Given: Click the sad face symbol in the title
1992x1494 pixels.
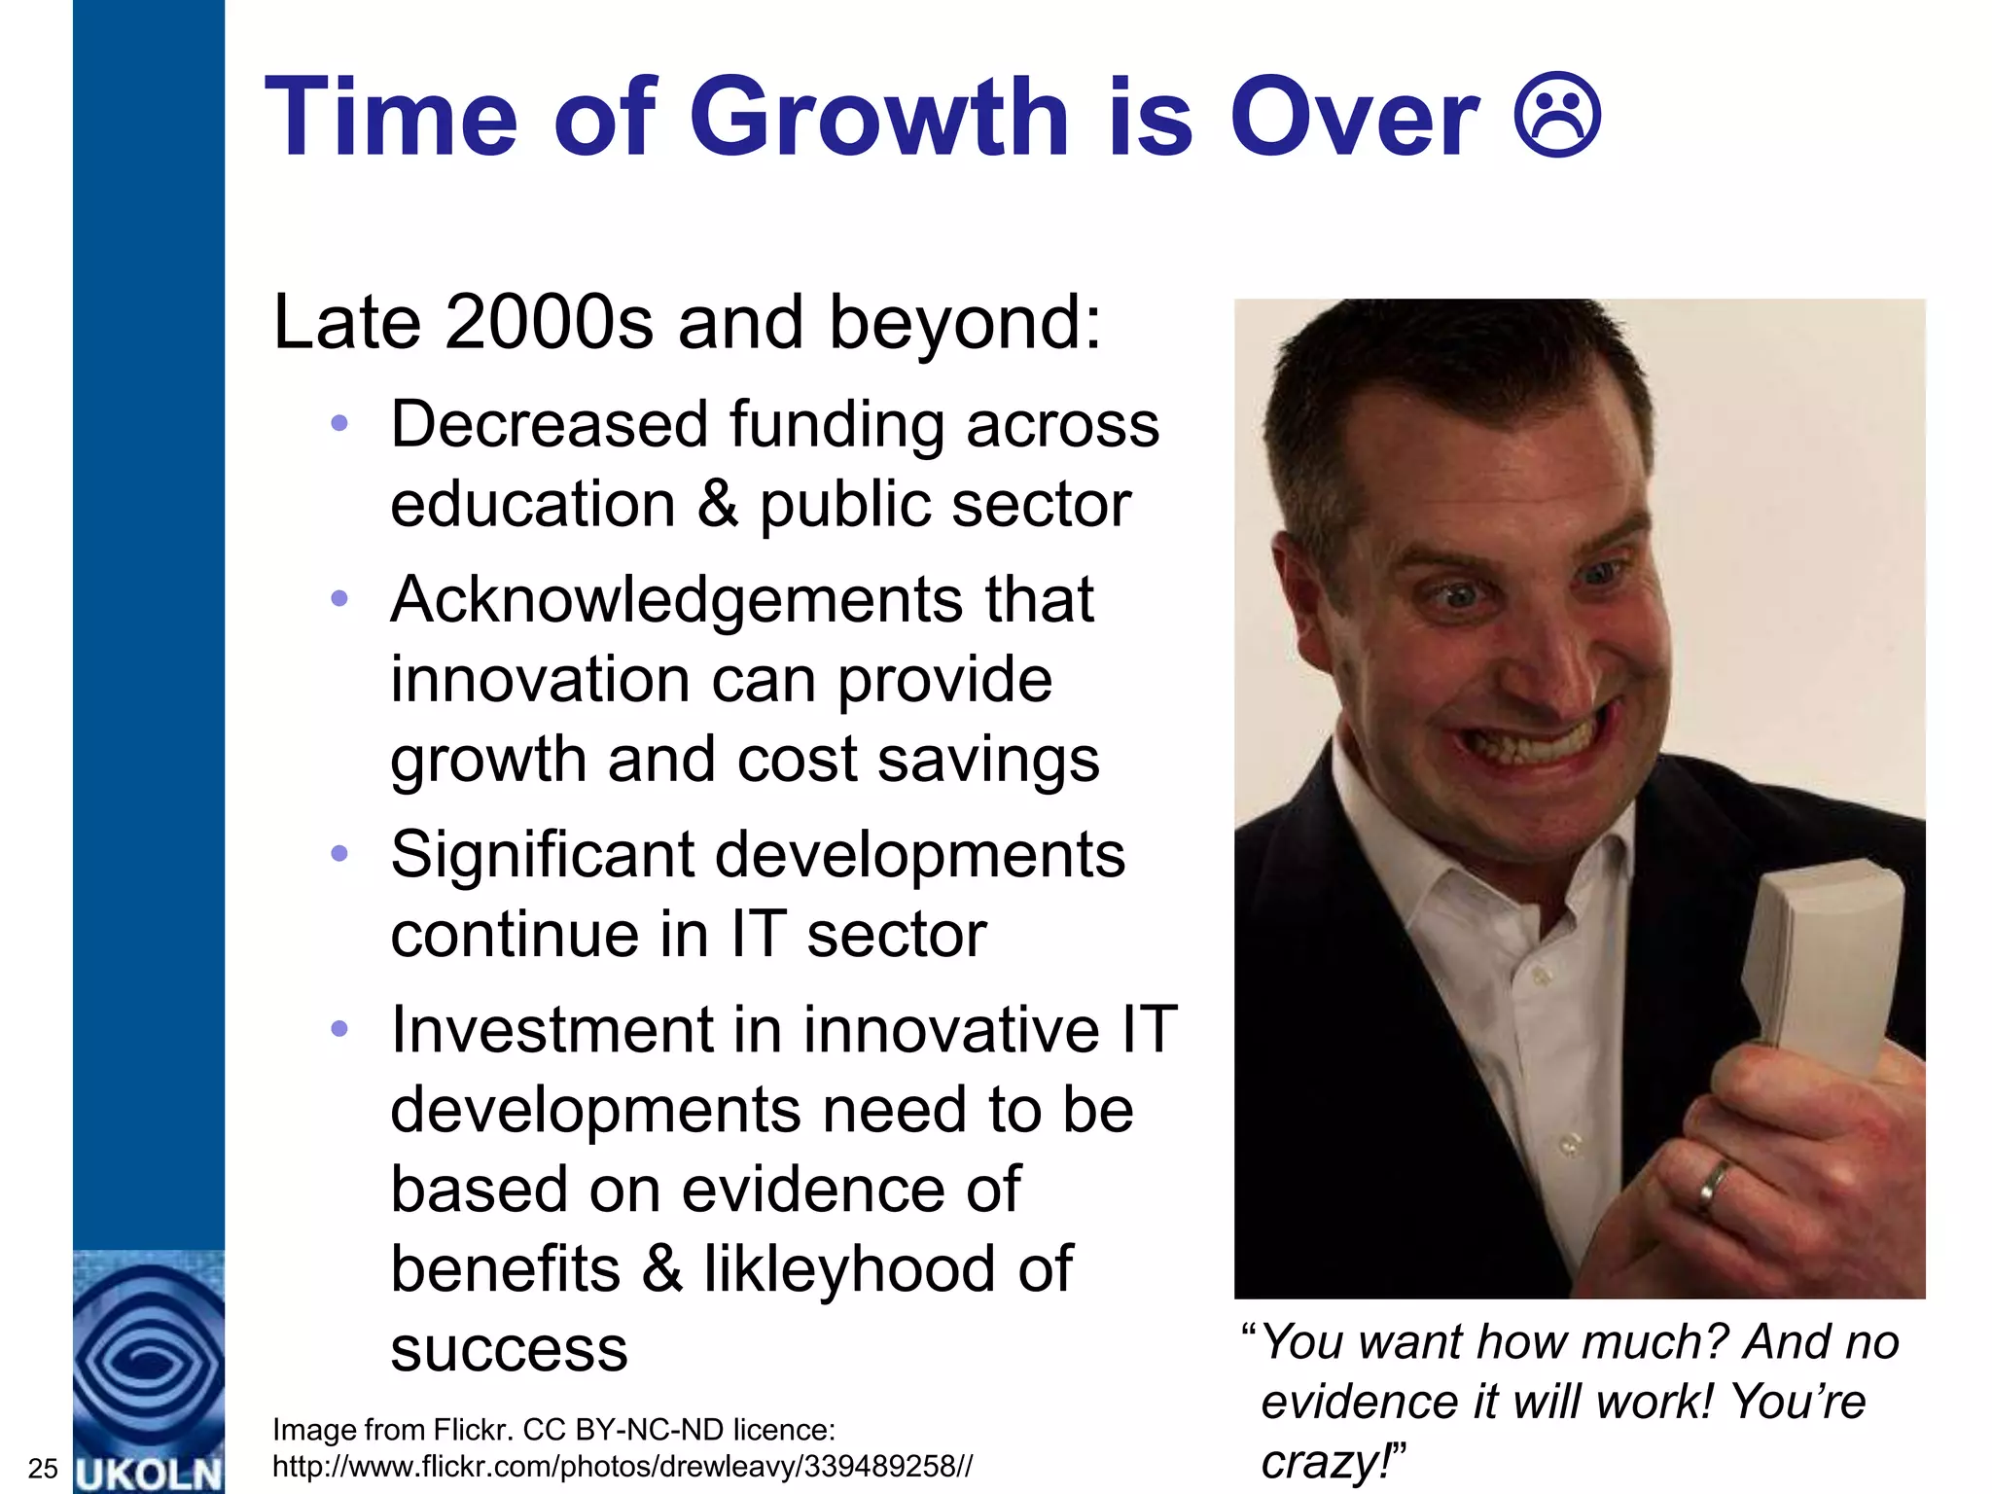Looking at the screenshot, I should (1557, 116).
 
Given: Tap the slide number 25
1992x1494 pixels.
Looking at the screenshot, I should (43, 1468).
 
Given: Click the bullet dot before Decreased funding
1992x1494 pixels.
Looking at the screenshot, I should (338, 423).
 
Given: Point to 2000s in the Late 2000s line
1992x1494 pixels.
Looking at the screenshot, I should (549, 322).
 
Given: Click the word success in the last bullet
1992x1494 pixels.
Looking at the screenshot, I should (509, 1349).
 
